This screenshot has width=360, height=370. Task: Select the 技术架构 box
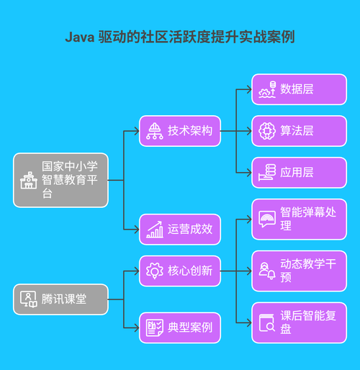click(x=180, y=131)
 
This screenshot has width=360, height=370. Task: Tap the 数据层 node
click(x=299, y=89)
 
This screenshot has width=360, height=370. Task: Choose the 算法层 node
click(x=299, y=131)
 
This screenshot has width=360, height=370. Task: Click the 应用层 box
click(x=299, y=172)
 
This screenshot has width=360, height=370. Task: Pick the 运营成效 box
click(x=180, y=230)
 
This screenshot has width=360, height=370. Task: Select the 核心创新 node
click(x=180, y=271)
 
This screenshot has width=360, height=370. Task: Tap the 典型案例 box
click(x=180, y=328)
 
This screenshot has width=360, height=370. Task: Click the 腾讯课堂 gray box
click(x=60, y=299)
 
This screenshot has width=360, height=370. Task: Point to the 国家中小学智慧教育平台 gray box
click(x=60, y=180)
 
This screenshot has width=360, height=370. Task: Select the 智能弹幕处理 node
click(x=299, y=219)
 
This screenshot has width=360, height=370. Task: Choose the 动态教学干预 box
click(x=299, y=271)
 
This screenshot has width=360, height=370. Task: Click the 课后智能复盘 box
click(x=299, y=322)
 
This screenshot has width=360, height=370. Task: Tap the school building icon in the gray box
click(x=28, y=180)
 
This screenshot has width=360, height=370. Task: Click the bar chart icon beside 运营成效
click(x=154, y=230)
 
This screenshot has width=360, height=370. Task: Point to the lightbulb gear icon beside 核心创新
click(x=154, y=271)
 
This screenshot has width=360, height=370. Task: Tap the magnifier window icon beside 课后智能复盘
click(x=267, y=322)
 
